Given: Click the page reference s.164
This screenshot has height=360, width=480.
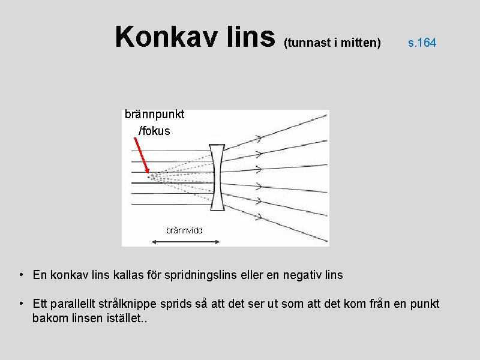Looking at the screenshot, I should pyautogui.click(x=422, y=43).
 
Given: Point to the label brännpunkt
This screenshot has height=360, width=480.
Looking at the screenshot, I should pyautogui.click(x=154, y=114).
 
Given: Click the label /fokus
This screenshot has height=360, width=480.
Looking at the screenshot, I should pyautogui.click(x=154, y=130).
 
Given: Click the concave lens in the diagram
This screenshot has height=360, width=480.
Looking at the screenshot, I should pyautogui.click(x=217, y=178).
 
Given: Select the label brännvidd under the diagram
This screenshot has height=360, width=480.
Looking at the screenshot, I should pyautogui.click(x=184, y=230).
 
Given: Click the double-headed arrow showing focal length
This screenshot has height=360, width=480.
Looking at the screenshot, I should pyautogui.click(x=185, y=241).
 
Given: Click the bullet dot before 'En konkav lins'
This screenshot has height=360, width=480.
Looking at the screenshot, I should pyautogui.click(x=20, y=275).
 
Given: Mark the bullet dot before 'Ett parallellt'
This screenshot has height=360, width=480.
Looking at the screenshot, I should pyautogui.click(x=20, y=304).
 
